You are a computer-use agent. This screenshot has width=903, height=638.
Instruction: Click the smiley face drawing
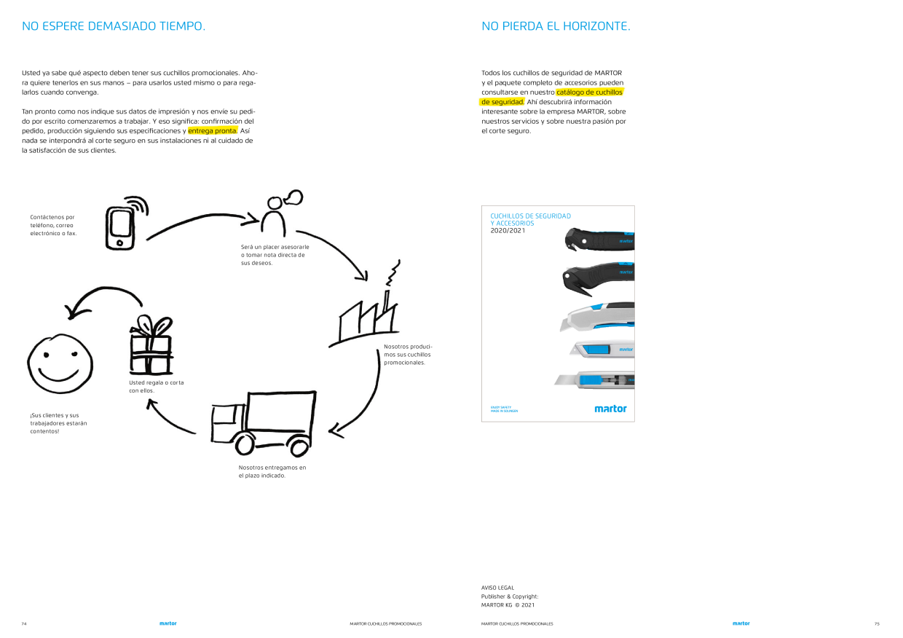point(60,363)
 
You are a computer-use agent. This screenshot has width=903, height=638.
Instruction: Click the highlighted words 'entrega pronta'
point(213,130)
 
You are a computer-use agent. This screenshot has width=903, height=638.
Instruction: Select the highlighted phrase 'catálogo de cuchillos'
point(589,92)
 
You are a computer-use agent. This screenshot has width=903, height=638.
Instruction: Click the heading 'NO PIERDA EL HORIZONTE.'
point(556,26)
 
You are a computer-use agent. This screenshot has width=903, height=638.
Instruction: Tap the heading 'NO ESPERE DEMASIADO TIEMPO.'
point(114,26)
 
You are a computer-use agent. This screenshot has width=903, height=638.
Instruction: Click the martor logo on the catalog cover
point(610,409)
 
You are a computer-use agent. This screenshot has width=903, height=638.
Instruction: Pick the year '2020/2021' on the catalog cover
point(508,231)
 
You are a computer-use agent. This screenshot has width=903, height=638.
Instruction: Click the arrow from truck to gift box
point(169,420)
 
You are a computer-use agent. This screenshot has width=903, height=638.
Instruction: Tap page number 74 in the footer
point(24,624)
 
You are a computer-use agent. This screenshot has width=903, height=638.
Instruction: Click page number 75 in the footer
point(877,624)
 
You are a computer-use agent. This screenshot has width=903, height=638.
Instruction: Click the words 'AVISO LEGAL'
point(497,588)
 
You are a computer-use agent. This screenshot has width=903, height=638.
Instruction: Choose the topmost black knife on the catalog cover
point(599,239)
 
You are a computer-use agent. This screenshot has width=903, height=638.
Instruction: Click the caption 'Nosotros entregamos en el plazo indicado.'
point(272,471)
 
